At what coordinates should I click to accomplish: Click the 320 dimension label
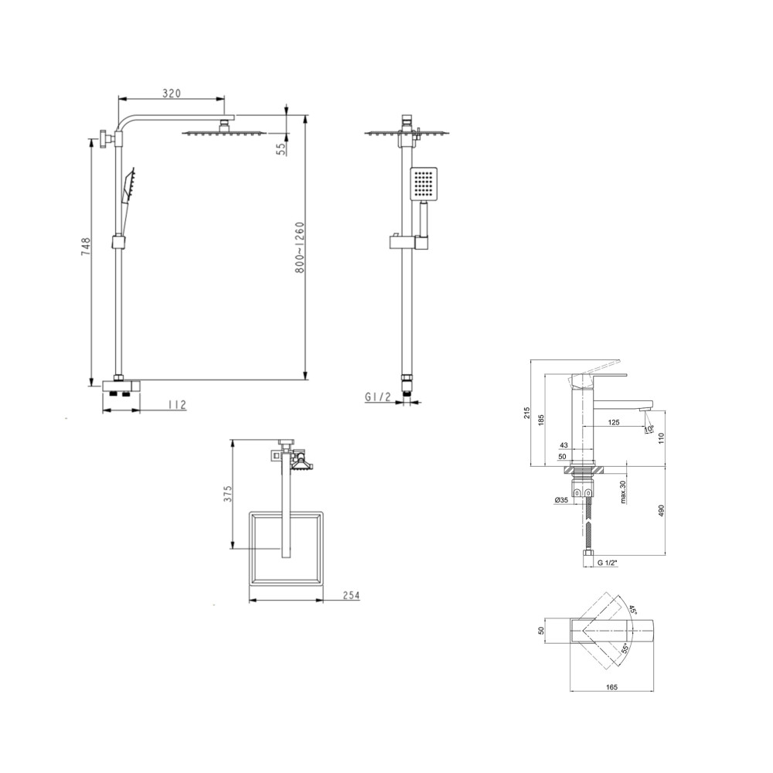tap(171, 94)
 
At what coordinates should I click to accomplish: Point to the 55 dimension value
tap(281, 149)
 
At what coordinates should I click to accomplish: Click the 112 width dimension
tap(177, 405)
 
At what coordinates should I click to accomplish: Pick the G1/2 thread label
tap(378, 396)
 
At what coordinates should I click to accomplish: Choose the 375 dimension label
tap(228, 493)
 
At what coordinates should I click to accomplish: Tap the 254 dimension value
tap(351, 595)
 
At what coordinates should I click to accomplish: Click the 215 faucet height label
tap(526, 413)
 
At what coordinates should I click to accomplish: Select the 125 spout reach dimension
tap(614, 423)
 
